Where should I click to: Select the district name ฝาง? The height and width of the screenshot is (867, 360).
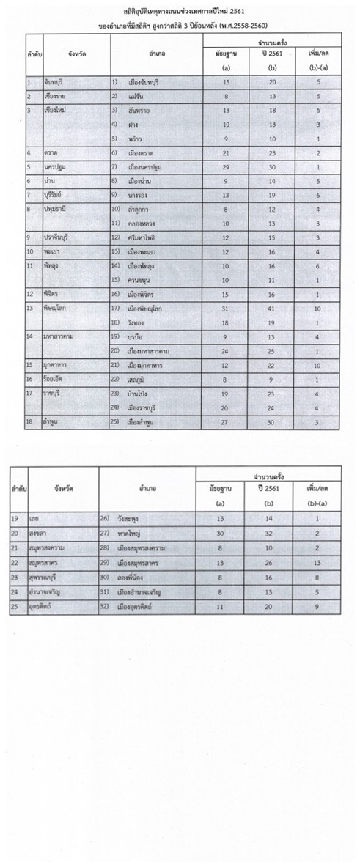tap(133, 125)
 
